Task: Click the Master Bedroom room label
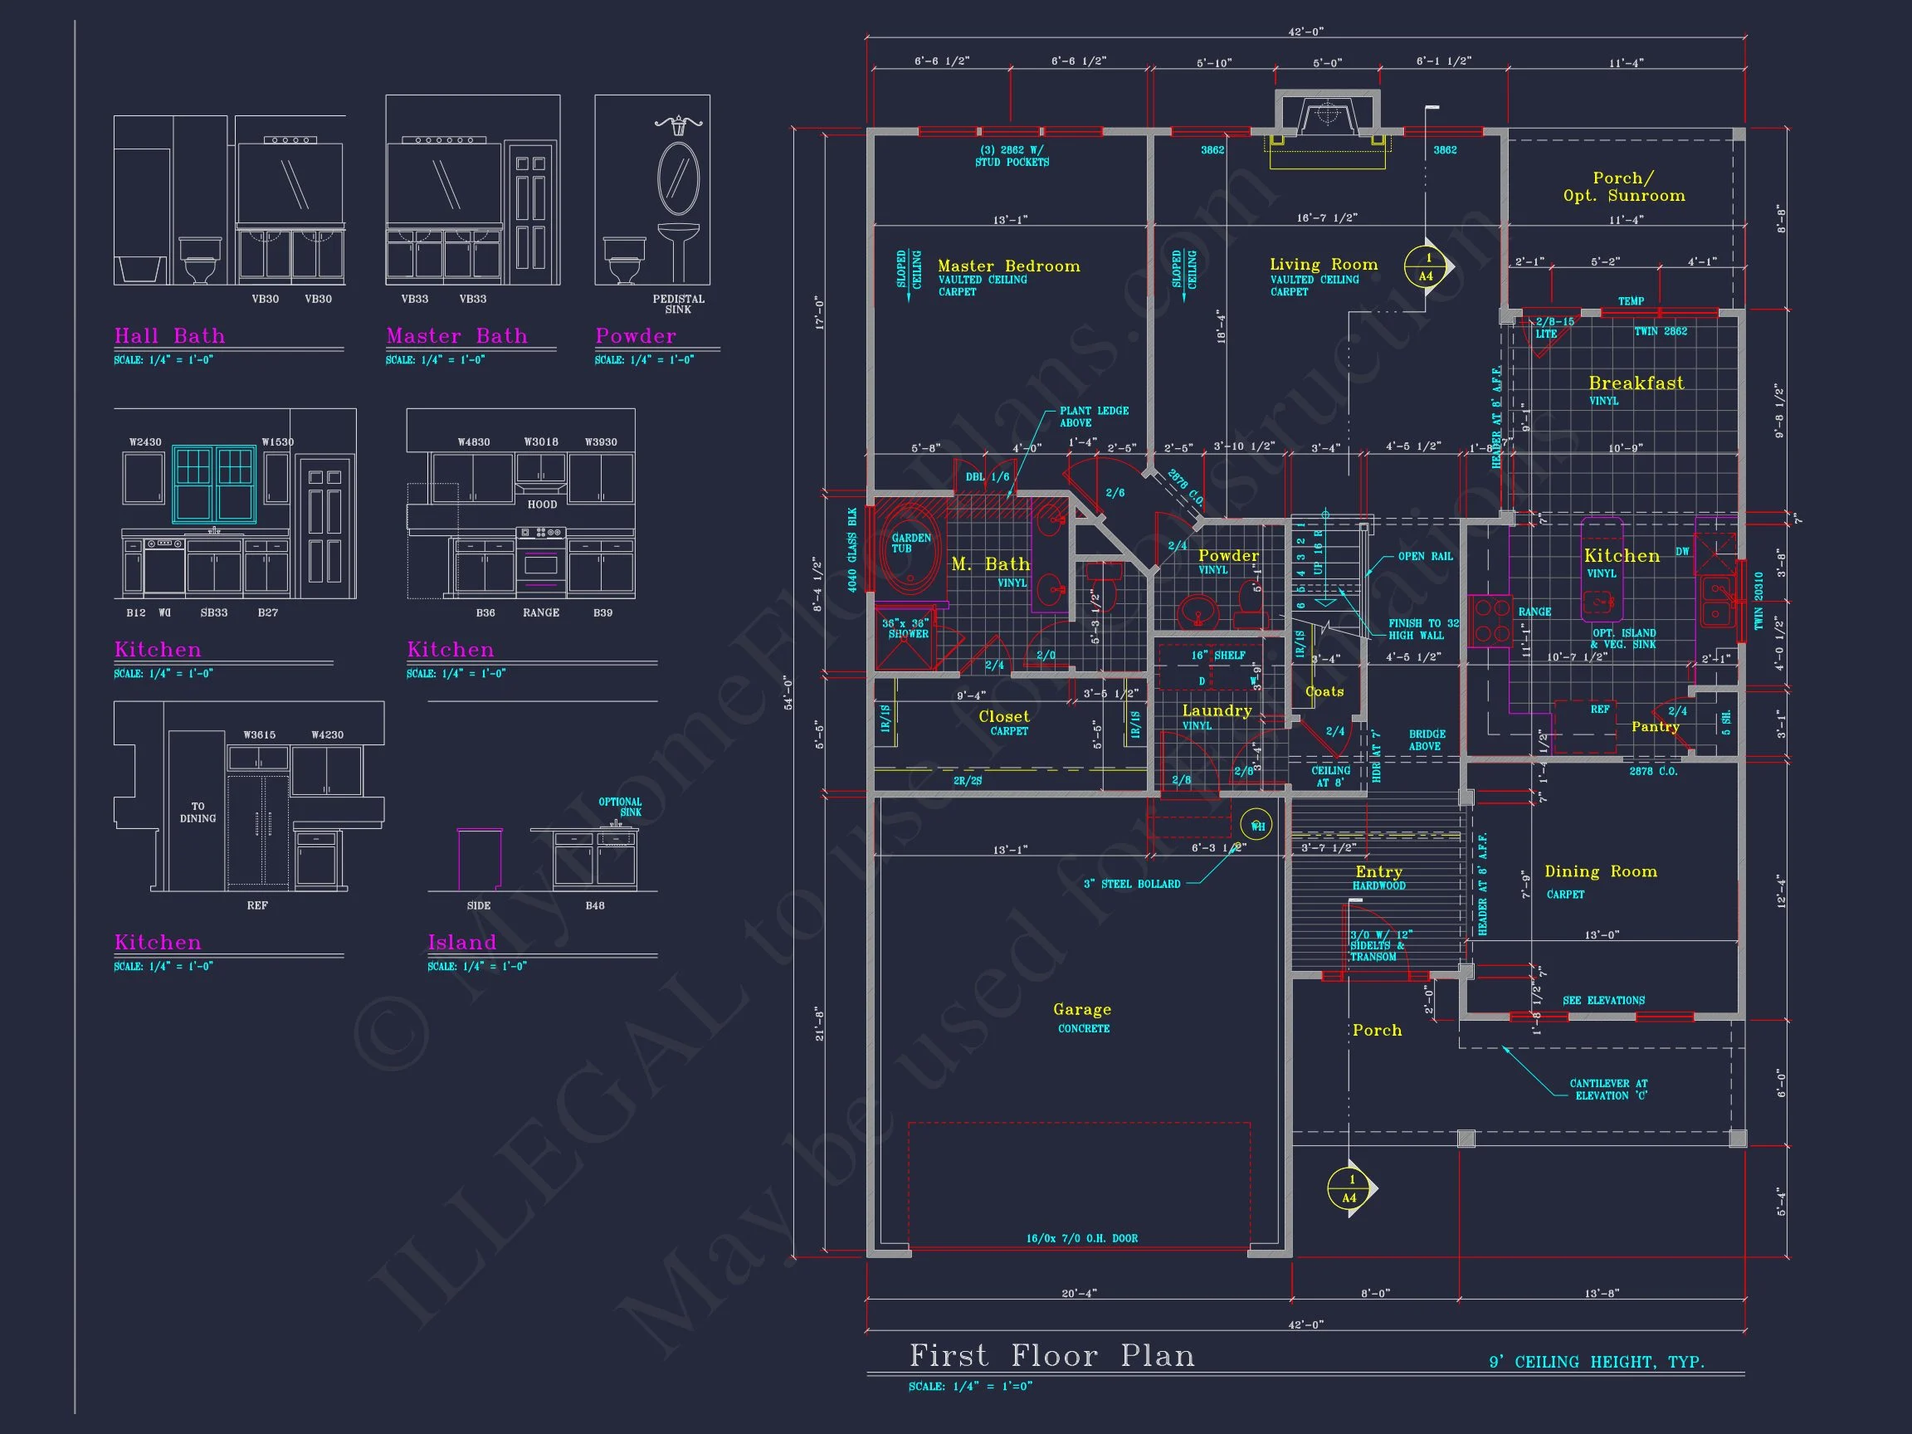coord(1009,266)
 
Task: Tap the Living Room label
coord(1324,265)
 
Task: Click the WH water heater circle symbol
coord(1256,826)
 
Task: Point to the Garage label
coord(1082,1010)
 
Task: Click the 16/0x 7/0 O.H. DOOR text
coord(1081,1239)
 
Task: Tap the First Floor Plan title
coord(1052,1355)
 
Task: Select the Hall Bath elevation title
coord(169,335)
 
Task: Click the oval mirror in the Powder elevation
coord(679,178)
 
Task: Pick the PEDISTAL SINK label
coord(679,305)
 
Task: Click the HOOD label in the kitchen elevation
coord(542,505)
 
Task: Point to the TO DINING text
coord(198,812)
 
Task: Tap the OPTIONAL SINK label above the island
coord(621,807)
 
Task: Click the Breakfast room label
coord(1636,383)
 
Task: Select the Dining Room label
coord(1601,871)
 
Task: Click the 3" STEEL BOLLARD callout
coord(1131,885)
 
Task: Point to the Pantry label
coord(1655,727)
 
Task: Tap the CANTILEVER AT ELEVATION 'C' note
coord(1607,1089)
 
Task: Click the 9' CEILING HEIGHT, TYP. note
coord(1596,1363)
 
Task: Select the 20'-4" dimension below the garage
coord(1079,1294)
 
